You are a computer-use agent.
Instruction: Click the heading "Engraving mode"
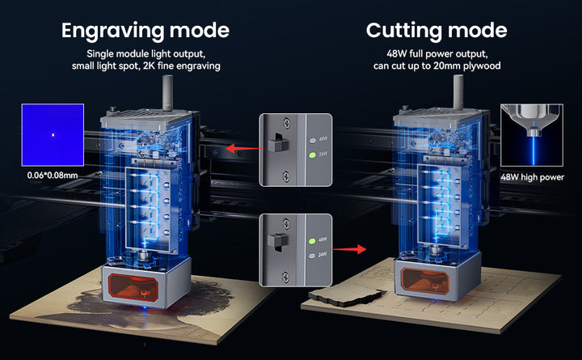tap(145, 31)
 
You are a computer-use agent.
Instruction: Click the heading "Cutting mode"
tap(436, 31)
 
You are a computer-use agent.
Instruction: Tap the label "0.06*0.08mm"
tap(53, 175)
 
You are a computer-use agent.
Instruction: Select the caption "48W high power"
tap(532, 177)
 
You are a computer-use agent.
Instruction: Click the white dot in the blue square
tap(53, 135)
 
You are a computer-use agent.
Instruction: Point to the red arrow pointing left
tap(244, 149)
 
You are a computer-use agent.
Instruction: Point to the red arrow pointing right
tap(348, 249)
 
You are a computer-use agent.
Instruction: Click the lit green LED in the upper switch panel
tap(313, 155)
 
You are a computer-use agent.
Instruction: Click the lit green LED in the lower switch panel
tap(312, 241)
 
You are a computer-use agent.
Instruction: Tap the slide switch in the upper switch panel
tap(278, 142)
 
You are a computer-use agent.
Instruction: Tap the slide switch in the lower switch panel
tap(278, 241)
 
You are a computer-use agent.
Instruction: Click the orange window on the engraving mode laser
tap(133, 287)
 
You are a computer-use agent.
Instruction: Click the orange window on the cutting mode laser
tap(425, 281)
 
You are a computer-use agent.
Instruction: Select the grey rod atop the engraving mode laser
tap(167, 93)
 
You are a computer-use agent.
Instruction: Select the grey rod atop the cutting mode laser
tap(458, 92)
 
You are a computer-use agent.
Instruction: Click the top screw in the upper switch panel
tap(286, 121)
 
